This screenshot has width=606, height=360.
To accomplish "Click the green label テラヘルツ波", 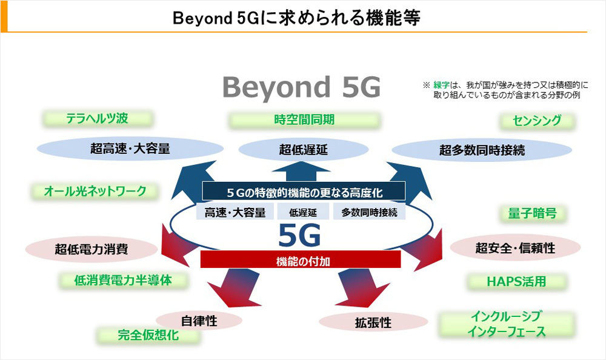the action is point(98,118).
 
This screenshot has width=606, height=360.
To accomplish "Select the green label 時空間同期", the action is point(304,120).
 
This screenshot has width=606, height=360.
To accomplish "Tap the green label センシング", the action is point(537,121).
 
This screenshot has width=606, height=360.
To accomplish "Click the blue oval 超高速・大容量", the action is point(130,148).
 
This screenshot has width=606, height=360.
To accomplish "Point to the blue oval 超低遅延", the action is point(304,150).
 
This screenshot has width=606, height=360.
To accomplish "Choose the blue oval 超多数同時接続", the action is point(482,150).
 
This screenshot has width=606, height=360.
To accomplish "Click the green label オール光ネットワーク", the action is point(95,191).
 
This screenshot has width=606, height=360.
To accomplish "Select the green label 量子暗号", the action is point(532,213).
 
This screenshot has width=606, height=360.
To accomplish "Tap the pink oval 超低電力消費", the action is point(92,249).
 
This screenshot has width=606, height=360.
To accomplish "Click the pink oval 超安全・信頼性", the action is point(515,248).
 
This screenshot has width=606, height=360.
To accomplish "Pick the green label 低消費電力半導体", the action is point(123,281).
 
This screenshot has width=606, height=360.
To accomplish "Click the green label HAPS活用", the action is point(517,281).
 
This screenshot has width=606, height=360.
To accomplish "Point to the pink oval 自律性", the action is point(199,321).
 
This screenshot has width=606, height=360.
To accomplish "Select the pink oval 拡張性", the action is point(373,322).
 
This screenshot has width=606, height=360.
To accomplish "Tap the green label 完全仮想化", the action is point(148,335).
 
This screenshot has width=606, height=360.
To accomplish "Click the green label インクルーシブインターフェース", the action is point(507,324).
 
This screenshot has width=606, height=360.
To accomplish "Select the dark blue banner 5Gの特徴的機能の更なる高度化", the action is point(304,192).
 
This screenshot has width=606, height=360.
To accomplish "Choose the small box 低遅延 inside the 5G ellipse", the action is point(303,212).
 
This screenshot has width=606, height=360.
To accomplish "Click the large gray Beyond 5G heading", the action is point(302,88).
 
